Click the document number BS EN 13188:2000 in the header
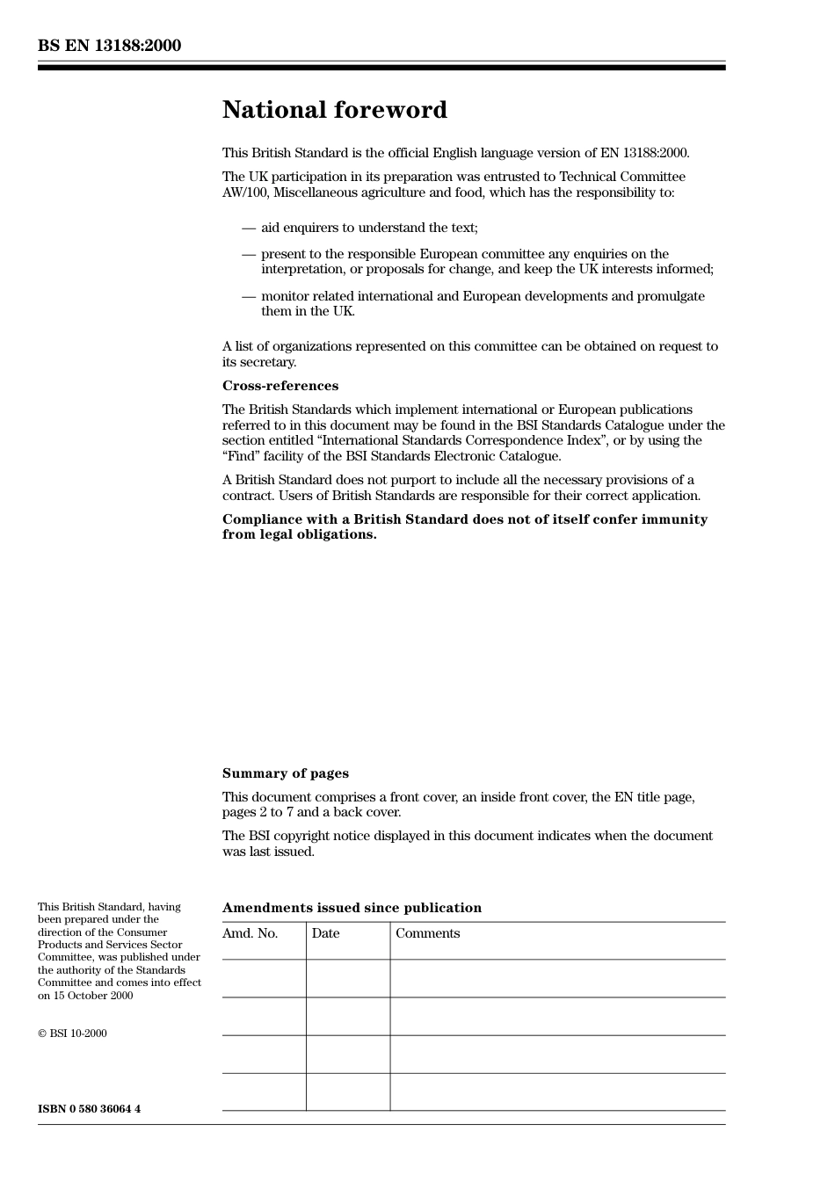[109, 46]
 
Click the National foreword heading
[334, 110]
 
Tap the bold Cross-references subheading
[280, 386]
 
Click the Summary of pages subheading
[285, 773]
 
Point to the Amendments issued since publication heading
[352, 908]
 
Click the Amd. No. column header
[250, 933]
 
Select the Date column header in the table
[325, 933]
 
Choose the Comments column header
[427, 933]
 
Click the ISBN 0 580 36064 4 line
[89, 1109]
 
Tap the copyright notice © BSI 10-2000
[72, 1033]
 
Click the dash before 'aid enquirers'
[248, 228]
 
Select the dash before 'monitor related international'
[248, 296]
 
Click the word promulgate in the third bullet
[671, 296]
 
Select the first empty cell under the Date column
[348, 978]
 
